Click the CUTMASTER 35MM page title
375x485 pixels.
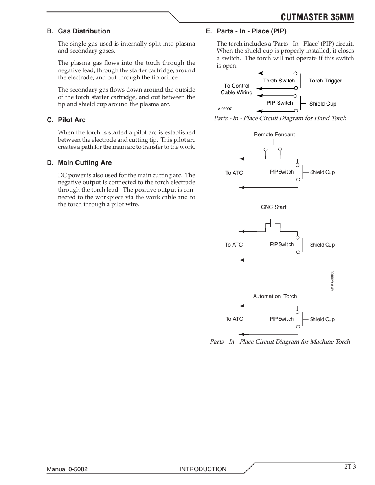pos(317,17)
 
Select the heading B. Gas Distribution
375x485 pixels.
pos(79,31)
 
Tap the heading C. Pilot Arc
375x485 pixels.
pos(66,120)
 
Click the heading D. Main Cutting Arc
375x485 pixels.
pos(79,163)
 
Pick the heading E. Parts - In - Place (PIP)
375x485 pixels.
pos(246,31)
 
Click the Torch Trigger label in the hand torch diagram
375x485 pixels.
pos(325,81)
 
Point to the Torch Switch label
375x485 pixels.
pos(279,81)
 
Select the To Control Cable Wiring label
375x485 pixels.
pos(237,89)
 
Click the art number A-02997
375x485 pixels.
pos(225,109)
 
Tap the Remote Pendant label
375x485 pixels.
pos(274,134)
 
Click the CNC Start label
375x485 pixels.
pos(274,207)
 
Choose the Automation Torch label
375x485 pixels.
pos(275,296)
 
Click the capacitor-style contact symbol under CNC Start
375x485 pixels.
pos(272,225)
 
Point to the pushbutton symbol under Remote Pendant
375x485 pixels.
pos(272,148)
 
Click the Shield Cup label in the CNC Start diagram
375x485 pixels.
pos(322,245)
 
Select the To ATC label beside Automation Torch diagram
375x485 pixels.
pos(234,319)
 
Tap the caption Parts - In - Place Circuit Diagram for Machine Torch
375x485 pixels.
pos(279,342)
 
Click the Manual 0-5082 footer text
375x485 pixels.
pos(67,469)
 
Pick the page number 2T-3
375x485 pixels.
pos(350,467)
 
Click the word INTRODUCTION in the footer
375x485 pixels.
pos(203,469)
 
